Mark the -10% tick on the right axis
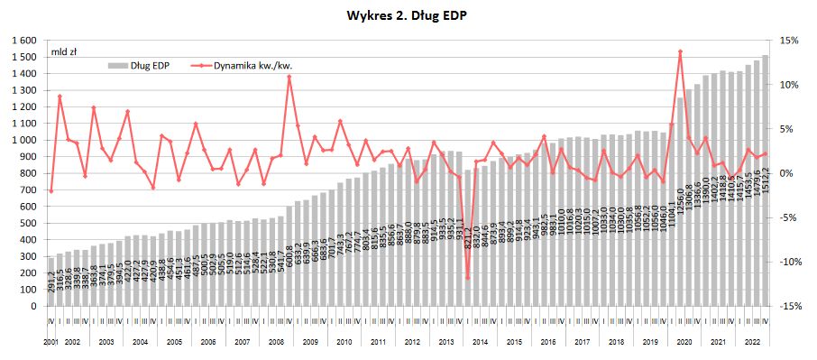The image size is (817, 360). [x=788, y=262]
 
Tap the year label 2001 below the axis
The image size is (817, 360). [x=51, y=343]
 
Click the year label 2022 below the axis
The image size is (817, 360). [x=751, y=343]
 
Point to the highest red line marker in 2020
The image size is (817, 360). [x=680, y=51]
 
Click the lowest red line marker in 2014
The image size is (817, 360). [x=467, y=277]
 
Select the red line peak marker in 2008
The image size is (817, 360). [x=289, y=77]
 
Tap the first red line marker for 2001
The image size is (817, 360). [x=51, y=191]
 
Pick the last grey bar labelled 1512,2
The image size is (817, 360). [x=765, y=180]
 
